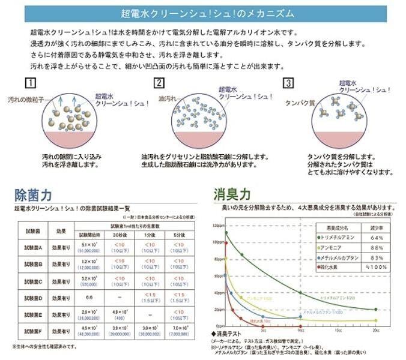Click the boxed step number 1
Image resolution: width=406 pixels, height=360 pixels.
[x=30, y=83]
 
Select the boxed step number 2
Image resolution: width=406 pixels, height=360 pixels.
[x=159, y=83]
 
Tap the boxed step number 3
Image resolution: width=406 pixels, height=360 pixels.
[x=289, y=83]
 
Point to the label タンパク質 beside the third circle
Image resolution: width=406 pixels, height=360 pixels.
[x=296, y=103]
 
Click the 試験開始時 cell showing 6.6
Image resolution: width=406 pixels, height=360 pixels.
[x=89, y=297]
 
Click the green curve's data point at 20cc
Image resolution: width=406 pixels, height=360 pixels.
[x=376, y=310]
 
